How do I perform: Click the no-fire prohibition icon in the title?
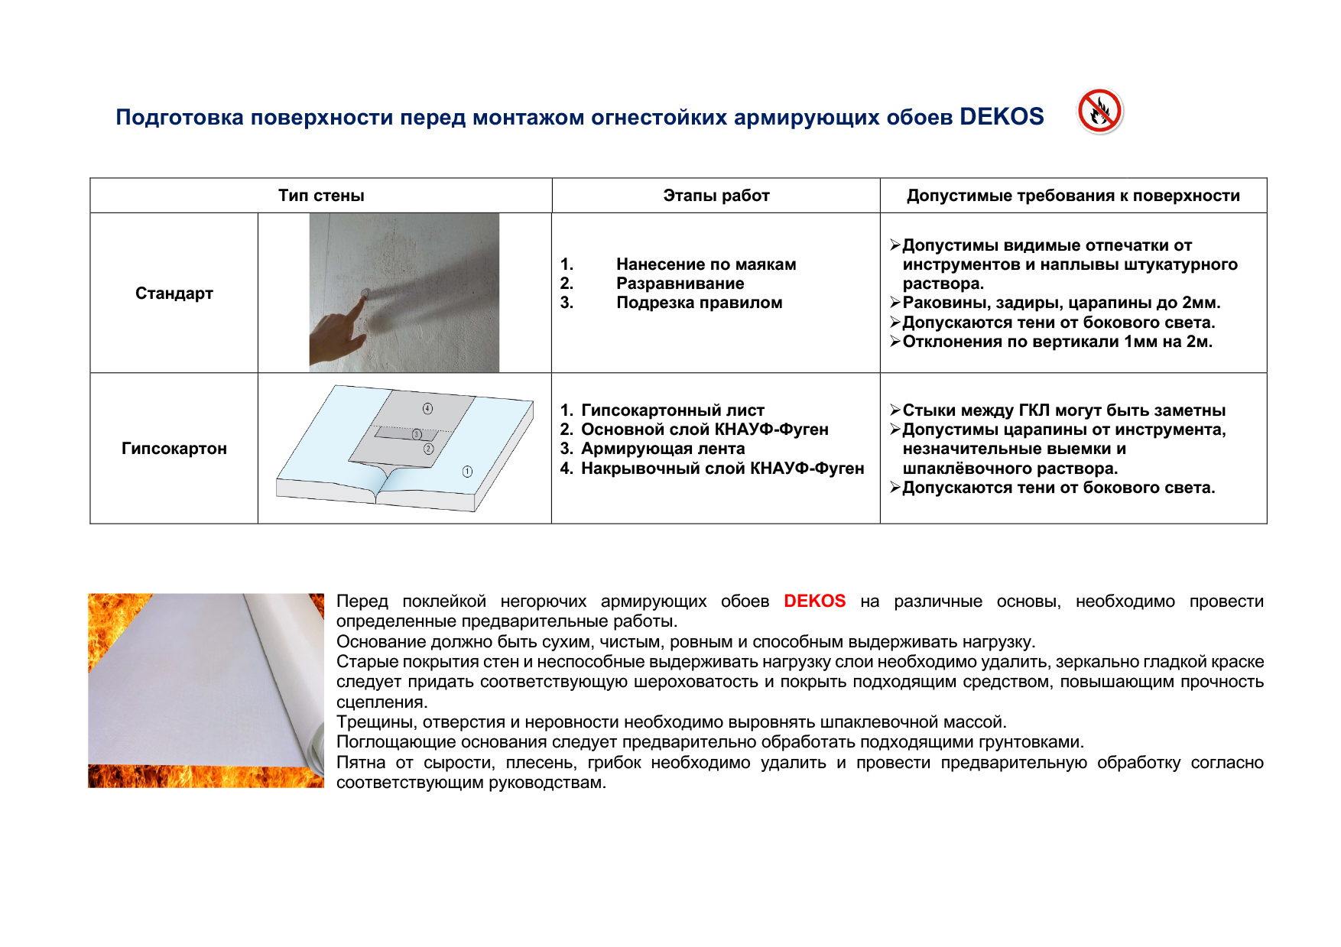point(1099,112)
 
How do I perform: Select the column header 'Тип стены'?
point(321,196)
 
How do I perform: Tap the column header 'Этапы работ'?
point(716,196)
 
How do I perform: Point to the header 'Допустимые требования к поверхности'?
point(1073,196)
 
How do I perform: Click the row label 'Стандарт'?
point(174,294)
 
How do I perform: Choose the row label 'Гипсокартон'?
point(174,449)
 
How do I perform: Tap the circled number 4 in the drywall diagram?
point(427,408)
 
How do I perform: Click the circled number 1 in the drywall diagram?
point(467,472)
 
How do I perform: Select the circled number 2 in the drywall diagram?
point(428,449)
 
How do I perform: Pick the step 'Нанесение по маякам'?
point(706,264)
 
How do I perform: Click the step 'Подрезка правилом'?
point(699,303)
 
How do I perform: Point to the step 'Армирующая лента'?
point(662,449)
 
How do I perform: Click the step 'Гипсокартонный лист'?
point(672,410)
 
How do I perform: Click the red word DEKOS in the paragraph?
point(814,602)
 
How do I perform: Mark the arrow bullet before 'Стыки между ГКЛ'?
point(895,410)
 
